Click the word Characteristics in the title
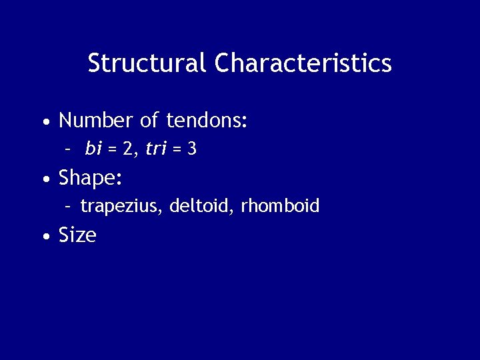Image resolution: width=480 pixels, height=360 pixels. pyautogui.click(x=303, y=63)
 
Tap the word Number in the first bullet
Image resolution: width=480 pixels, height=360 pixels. pyautogui.click(x=96, y=121)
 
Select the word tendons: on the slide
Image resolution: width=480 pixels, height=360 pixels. pyautogui.click(x=207, y=121)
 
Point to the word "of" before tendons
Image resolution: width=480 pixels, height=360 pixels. pyautogui.click(x=150, y=121)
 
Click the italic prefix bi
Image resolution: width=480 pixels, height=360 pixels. pyautogui.click(x=93, y=149)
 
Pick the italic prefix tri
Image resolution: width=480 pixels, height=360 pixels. pyautogui.click(x=155, y=149)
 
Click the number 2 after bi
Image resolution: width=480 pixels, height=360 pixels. pyautogui.click(x=127, y=149)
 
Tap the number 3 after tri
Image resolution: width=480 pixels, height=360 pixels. pyautogui.click(x=192, y=149)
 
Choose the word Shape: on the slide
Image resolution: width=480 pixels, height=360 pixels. pyautogui.click(x=90, y=178)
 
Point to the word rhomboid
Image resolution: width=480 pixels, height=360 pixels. pyautogui.click(x=280, y=206)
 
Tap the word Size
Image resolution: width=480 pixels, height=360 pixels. pyautogui.click(x=77, y=235)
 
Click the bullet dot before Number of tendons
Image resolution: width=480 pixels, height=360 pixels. pyautogui.click(x=44, y=122)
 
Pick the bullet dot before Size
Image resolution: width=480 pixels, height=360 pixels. pyautogui.click(x=44, y=236)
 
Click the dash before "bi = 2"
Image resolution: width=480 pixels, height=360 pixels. pyautogui.click(x=68, y=150)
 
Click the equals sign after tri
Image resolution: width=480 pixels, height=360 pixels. pyautogui.click(x=177, y=149)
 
